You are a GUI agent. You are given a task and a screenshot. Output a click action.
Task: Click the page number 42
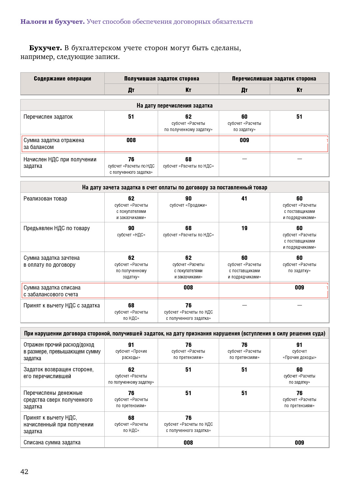pyautogui.click(x=24, y=471)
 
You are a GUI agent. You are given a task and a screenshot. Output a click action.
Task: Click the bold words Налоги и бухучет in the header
pyautogui.click(x=52, y=22)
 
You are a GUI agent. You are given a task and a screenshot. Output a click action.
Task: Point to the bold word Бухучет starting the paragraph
pyautogui.click(x=45, y=48)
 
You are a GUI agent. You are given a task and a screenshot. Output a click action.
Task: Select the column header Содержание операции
pyautogui.click(x=62, y=79)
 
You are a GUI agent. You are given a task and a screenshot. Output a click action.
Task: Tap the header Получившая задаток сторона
pyautogui.click(x=161, y=79)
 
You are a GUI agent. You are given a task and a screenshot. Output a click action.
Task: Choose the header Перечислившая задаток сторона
pyautogui.click(x=274, y=79)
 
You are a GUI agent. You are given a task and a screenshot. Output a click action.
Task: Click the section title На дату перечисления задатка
pyautogui.click(x=174, y=106)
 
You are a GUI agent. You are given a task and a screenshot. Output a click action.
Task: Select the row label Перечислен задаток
pyautogui.click(x=48, y=117)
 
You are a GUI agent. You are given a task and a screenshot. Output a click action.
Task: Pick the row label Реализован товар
pyautogui.click(x=45, y=199)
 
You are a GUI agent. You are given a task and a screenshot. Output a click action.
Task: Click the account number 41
pyautogui.click(x=244, y=199)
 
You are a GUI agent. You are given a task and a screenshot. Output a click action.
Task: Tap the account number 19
pyautogui.click(x=244, y=228)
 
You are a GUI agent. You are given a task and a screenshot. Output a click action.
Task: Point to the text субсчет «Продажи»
pyautogui.click(x=188, y=205)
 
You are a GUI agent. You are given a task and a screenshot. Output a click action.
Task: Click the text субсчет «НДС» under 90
pyautogui.click(x=131, y=235)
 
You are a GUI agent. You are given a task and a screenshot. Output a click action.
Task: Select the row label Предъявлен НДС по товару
pyautogui.click(x=56, y=228)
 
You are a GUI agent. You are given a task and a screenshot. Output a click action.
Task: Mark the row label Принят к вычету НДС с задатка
pyautogui.click(x=62, y=305)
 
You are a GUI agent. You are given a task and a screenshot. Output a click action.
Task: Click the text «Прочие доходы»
pyautogui.click(x=299, y=358)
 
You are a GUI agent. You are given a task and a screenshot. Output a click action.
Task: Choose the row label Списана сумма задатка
pyautogui.click(x=52, y=442)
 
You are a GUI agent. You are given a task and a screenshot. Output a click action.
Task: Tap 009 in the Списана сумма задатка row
pyautogui.click(x=299, y=443)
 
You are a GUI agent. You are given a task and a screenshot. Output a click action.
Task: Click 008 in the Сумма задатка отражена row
pyautogui.click(x=131, y=140)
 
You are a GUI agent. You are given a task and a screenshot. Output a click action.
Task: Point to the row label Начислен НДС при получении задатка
pyautogui.click(x=60, y=163)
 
